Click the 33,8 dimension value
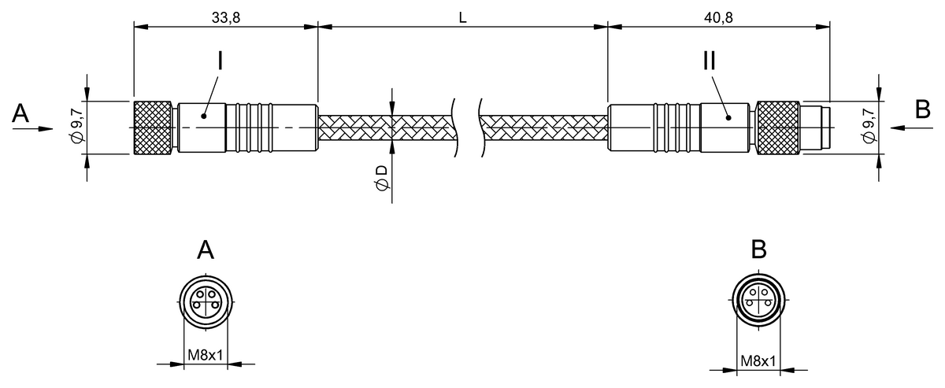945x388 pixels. point(225,17)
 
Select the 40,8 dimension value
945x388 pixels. point(718,17)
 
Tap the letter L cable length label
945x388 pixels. point(463,17)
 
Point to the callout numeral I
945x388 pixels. point(219,62)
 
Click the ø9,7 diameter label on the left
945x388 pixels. point(76,126)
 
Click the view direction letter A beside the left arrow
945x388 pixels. point(21,115)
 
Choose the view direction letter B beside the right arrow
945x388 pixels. point(923,110)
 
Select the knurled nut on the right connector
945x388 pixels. point(776,126)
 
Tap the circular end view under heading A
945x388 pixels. point(205,301)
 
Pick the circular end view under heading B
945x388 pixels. point(758,301)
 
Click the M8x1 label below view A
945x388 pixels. point(206,356)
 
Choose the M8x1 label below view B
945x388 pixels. point(758,361)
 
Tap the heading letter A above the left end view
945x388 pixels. point(206,250)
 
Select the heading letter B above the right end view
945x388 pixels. point(758,249)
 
